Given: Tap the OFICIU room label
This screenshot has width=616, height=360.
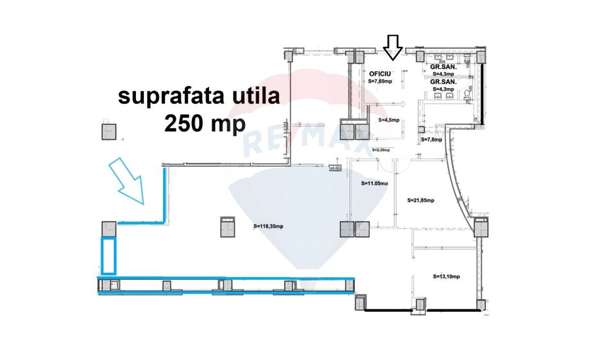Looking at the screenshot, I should tap(379, 74).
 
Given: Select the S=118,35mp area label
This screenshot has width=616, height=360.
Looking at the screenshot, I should tap(270, 225).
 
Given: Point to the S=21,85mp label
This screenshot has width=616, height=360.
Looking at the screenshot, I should tap(422, 200).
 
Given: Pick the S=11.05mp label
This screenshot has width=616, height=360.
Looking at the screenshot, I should tap(375, 184).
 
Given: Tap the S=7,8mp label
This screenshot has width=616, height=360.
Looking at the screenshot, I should tap(431, 139).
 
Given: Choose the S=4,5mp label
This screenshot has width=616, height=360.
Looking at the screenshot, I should tap(389, 120).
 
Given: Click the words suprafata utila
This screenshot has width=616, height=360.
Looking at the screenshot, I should tap(198, 98).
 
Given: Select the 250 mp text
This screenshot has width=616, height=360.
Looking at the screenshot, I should tap(205, 123).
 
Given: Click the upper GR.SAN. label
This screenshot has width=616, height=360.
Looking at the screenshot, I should tap(443, 67).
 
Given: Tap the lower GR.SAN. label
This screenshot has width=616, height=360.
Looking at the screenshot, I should tap(443, 82).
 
